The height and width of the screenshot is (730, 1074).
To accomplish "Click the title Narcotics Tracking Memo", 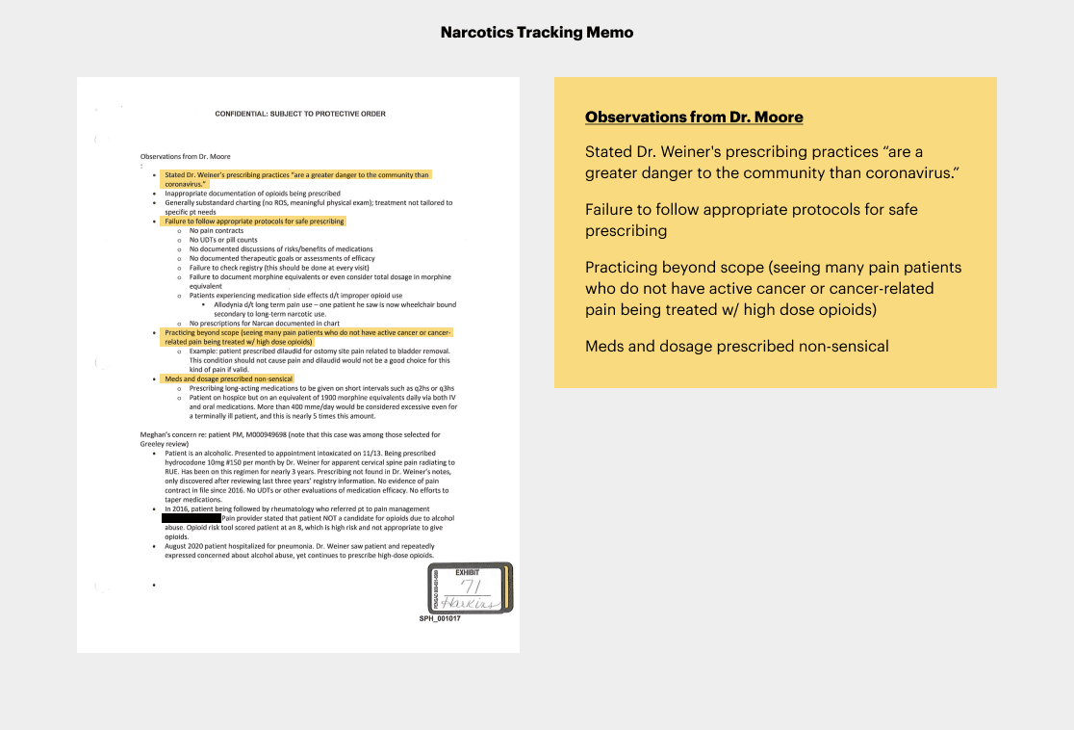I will pos(537,33).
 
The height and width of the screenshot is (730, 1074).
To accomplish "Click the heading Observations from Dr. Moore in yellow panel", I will pos(694,117).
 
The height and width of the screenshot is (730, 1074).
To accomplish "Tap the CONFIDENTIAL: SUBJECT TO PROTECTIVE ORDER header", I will pos(300,114).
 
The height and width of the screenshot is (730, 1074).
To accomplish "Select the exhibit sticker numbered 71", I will pos(470,587).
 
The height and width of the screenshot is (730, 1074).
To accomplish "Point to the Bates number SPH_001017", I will pos(440,618).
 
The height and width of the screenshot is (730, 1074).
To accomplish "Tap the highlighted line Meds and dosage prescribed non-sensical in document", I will pos(229,378).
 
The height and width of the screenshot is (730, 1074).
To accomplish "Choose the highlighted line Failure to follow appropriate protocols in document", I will pos(254,222).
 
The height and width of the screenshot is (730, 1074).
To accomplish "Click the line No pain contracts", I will pos(216,231).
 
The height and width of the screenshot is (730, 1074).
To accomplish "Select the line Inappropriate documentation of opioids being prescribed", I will pos(252,194).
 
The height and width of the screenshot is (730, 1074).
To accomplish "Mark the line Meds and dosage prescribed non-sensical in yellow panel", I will pos(737,346).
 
